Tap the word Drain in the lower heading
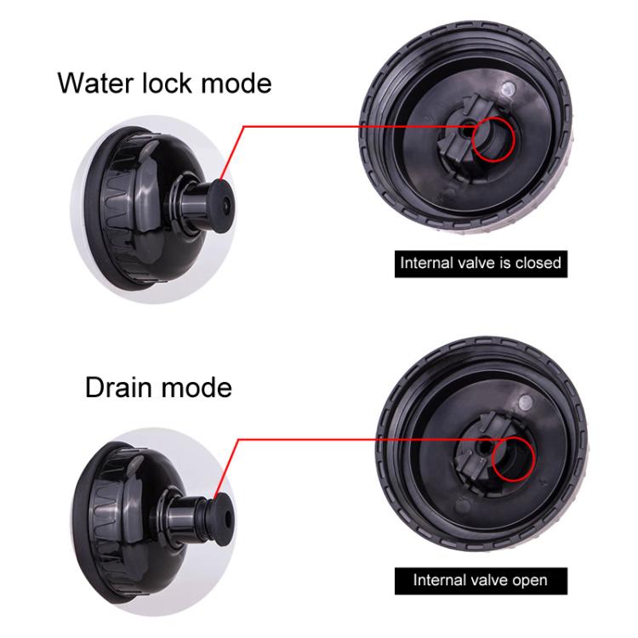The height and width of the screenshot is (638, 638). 117,387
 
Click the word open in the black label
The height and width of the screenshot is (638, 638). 530,580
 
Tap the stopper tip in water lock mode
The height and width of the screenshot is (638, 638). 223,207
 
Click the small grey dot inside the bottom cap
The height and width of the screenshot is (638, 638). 526,402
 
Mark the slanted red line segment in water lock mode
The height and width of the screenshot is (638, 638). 231,153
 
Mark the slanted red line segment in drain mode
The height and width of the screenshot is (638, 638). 225,467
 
